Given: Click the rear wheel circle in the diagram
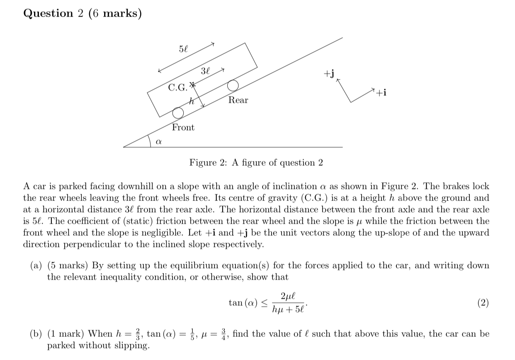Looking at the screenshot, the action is [233, 85].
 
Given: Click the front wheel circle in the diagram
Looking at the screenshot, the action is [178, 113].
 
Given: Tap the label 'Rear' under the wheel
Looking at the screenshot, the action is [238, 100].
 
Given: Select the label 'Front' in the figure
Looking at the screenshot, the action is [183, 128].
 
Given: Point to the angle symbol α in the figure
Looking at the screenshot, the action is [158, 141].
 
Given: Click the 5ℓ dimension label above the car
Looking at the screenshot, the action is [184, 48].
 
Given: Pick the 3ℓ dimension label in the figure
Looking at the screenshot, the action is [206, 71].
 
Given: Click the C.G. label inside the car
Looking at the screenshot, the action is [177, 87].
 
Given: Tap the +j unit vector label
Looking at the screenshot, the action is [329, 74].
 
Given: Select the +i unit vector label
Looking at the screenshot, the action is [382, 93].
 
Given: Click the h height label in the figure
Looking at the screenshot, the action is [191, 101].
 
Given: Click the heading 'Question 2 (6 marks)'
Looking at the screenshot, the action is [83, 13].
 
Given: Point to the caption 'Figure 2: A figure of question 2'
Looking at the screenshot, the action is [256, 163].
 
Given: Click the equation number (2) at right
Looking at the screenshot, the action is [483, 303].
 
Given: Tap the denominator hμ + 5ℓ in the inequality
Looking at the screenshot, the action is [289, 309].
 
